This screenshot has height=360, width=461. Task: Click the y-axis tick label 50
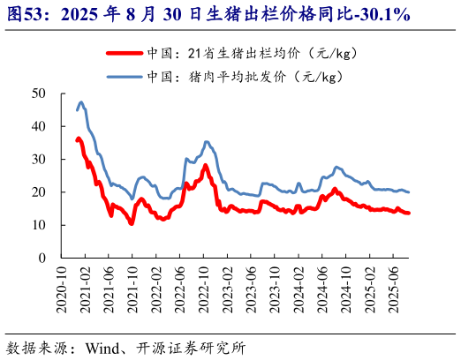click(39, 93)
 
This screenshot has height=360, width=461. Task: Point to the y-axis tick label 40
click(39, 126)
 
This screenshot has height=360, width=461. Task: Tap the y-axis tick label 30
click(39, 159)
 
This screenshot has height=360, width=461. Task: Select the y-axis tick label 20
click(39, 192)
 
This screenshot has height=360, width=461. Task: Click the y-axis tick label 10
click(39, 225)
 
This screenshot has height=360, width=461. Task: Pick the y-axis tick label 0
click(42, 259)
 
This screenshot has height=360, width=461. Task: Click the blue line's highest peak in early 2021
click(81, 102)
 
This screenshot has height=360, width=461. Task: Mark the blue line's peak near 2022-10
click(207, 141)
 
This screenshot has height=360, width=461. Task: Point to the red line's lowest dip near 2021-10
click(131, 223)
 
